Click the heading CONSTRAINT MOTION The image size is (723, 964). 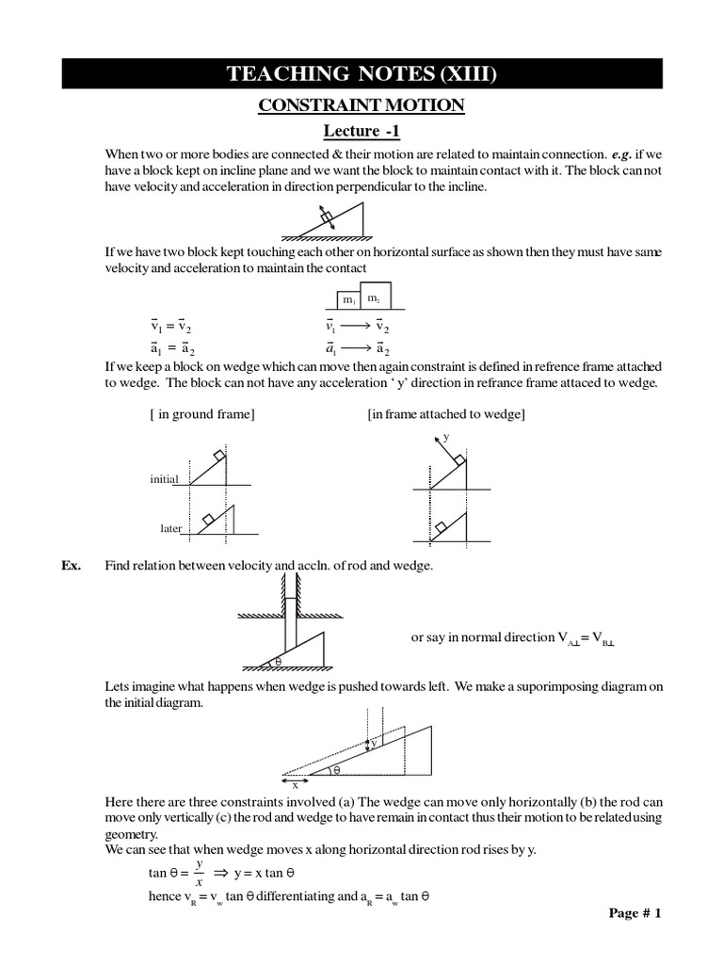361,105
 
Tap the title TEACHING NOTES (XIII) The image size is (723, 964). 361,73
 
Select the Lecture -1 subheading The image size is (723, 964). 361,131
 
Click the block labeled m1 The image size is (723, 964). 348,299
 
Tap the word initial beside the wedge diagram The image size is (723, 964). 164,479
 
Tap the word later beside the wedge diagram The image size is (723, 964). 170,528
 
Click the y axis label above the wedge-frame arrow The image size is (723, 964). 445,438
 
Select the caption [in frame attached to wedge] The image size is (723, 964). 446,414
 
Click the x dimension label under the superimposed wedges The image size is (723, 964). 295,784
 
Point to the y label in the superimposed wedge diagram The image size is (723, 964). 374,743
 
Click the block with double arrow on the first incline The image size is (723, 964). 327,218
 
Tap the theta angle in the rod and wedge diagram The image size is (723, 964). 279,662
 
